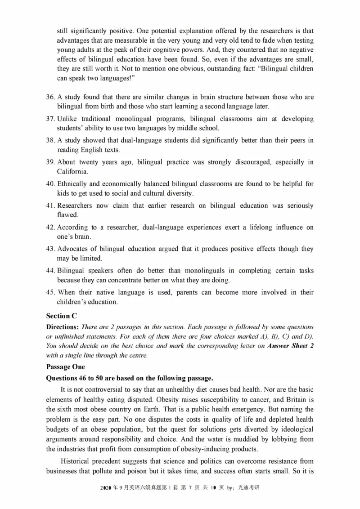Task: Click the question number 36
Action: (x=50, y=97)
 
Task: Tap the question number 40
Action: (x=50, y=184)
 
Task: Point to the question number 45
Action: (x=50, y=292)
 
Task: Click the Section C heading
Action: (x=61, y=316)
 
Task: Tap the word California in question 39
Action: (x=73, y=172)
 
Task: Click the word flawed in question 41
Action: (x=67, y=215)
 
